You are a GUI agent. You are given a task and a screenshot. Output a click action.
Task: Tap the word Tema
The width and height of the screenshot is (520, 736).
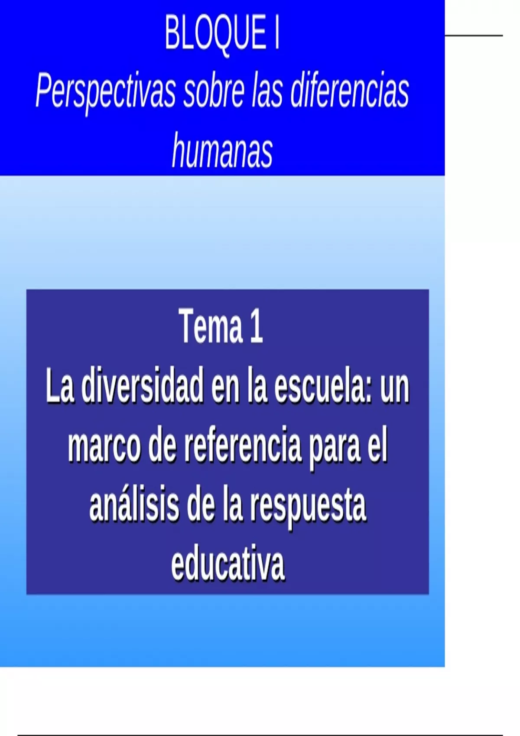tap(209, 326)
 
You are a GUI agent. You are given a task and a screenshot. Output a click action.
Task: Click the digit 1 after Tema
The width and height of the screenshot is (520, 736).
tap(256, 326)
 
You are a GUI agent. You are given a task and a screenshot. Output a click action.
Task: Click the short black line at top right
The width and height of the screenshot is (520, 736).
tap(474, 35)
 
